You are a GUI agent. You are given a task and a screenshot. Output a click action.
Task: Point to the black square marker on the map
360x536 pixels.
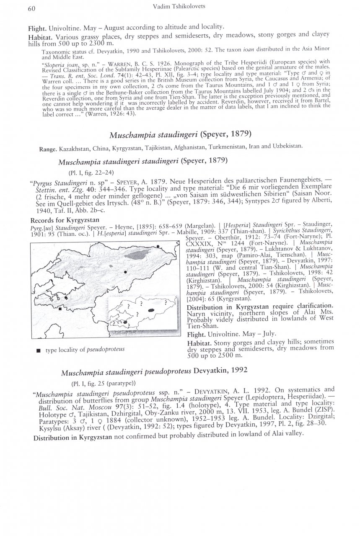[x=60, y=309]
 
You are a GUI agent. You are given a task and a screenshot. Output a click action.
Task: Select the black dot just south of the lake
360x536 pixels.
[x=126, y=272]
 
